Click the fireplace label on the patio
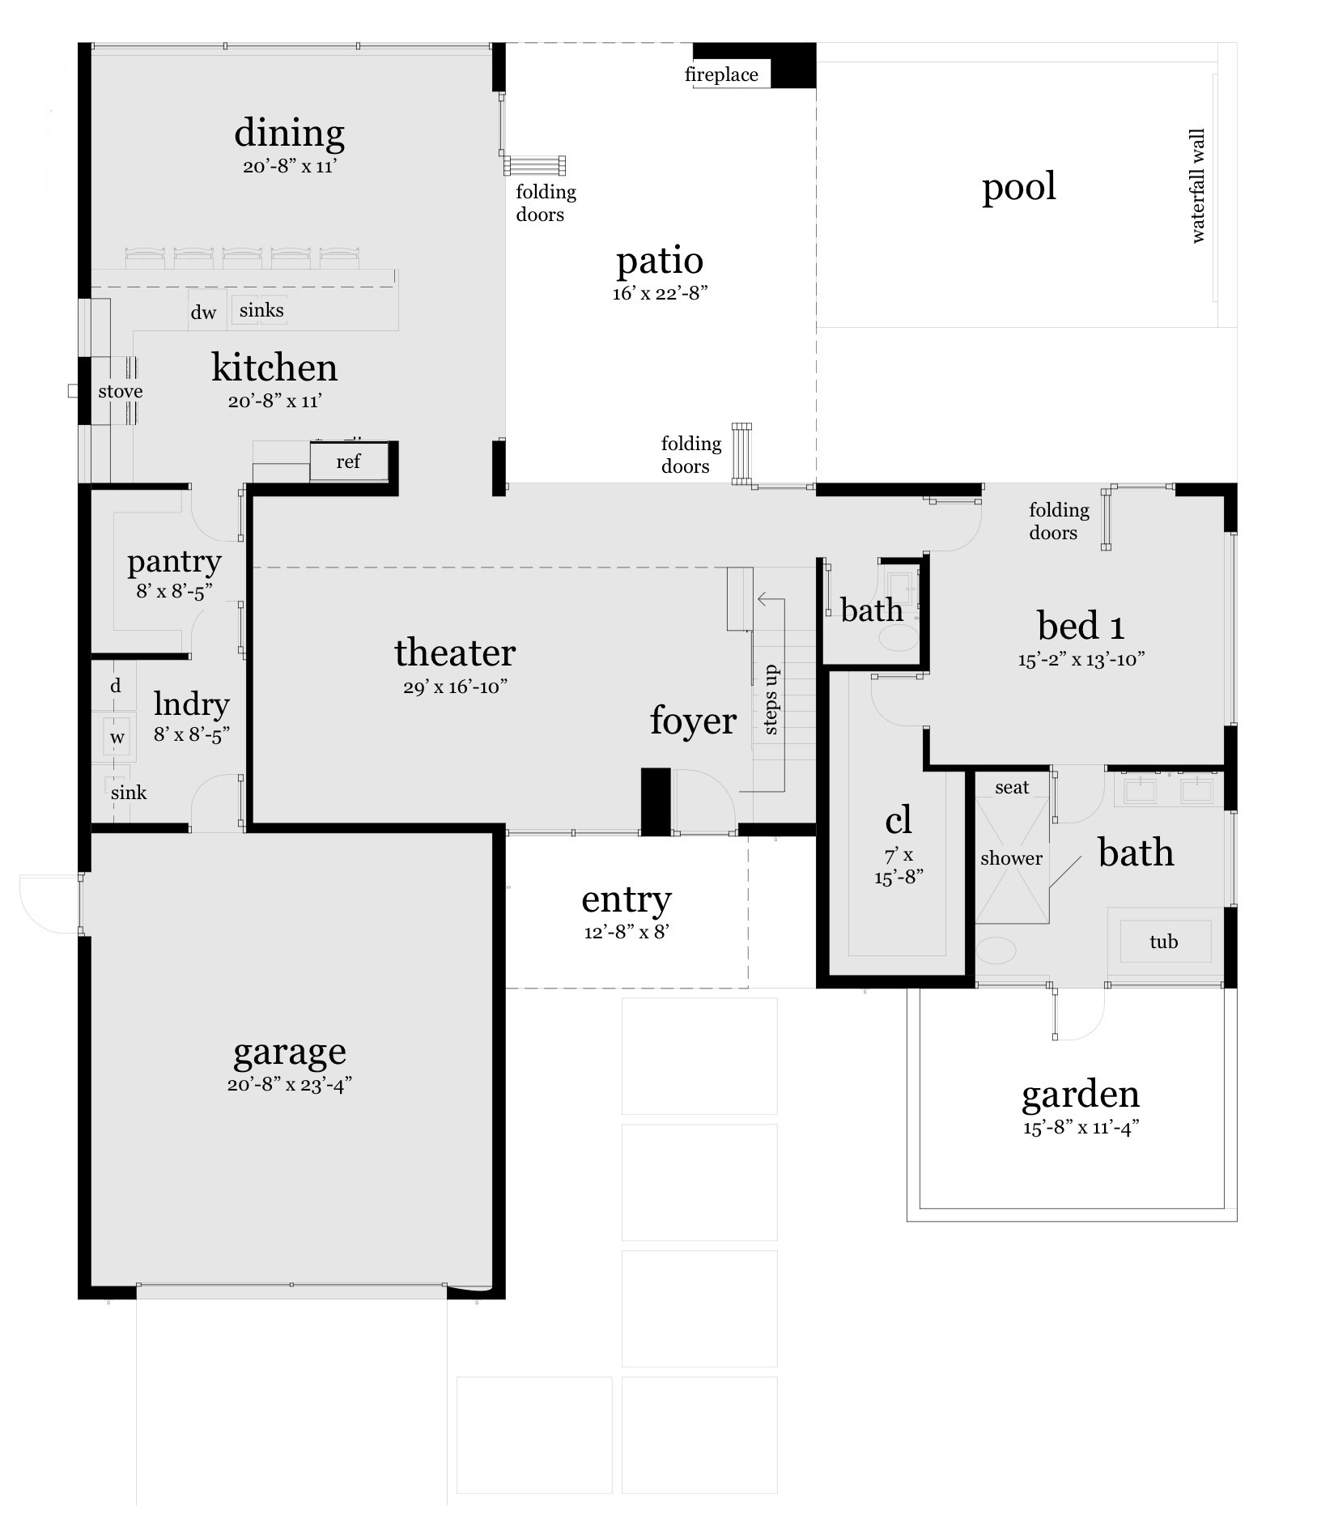point(721,75)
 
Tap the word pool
point(1018,187)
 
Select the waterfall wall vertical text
point(1198,186)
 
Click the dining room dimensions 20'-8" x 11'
point(289,167)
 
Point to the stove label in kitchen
point(121,392)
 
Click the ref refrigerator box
point(348,461)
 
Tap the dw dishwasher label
point(203,313)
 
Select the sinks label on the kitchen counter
point(261,310)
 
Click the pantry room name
point(174,561)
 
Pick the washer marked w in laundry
point(117,738)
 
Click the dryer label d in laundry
point(116,686)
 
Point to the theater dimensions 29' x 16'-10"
point(455,687)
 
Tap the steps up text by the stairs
point(771,700)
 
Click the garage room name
point(290,1052)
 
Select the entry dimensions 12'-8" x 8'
point(626,932)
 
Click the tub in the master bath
point(1163,942)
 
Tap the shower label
point(1011,858)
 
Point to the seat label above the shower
point(1012,787)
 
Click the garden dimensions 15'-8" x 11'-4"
point(1081,1128)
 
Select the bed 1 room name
point(1081,626)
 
